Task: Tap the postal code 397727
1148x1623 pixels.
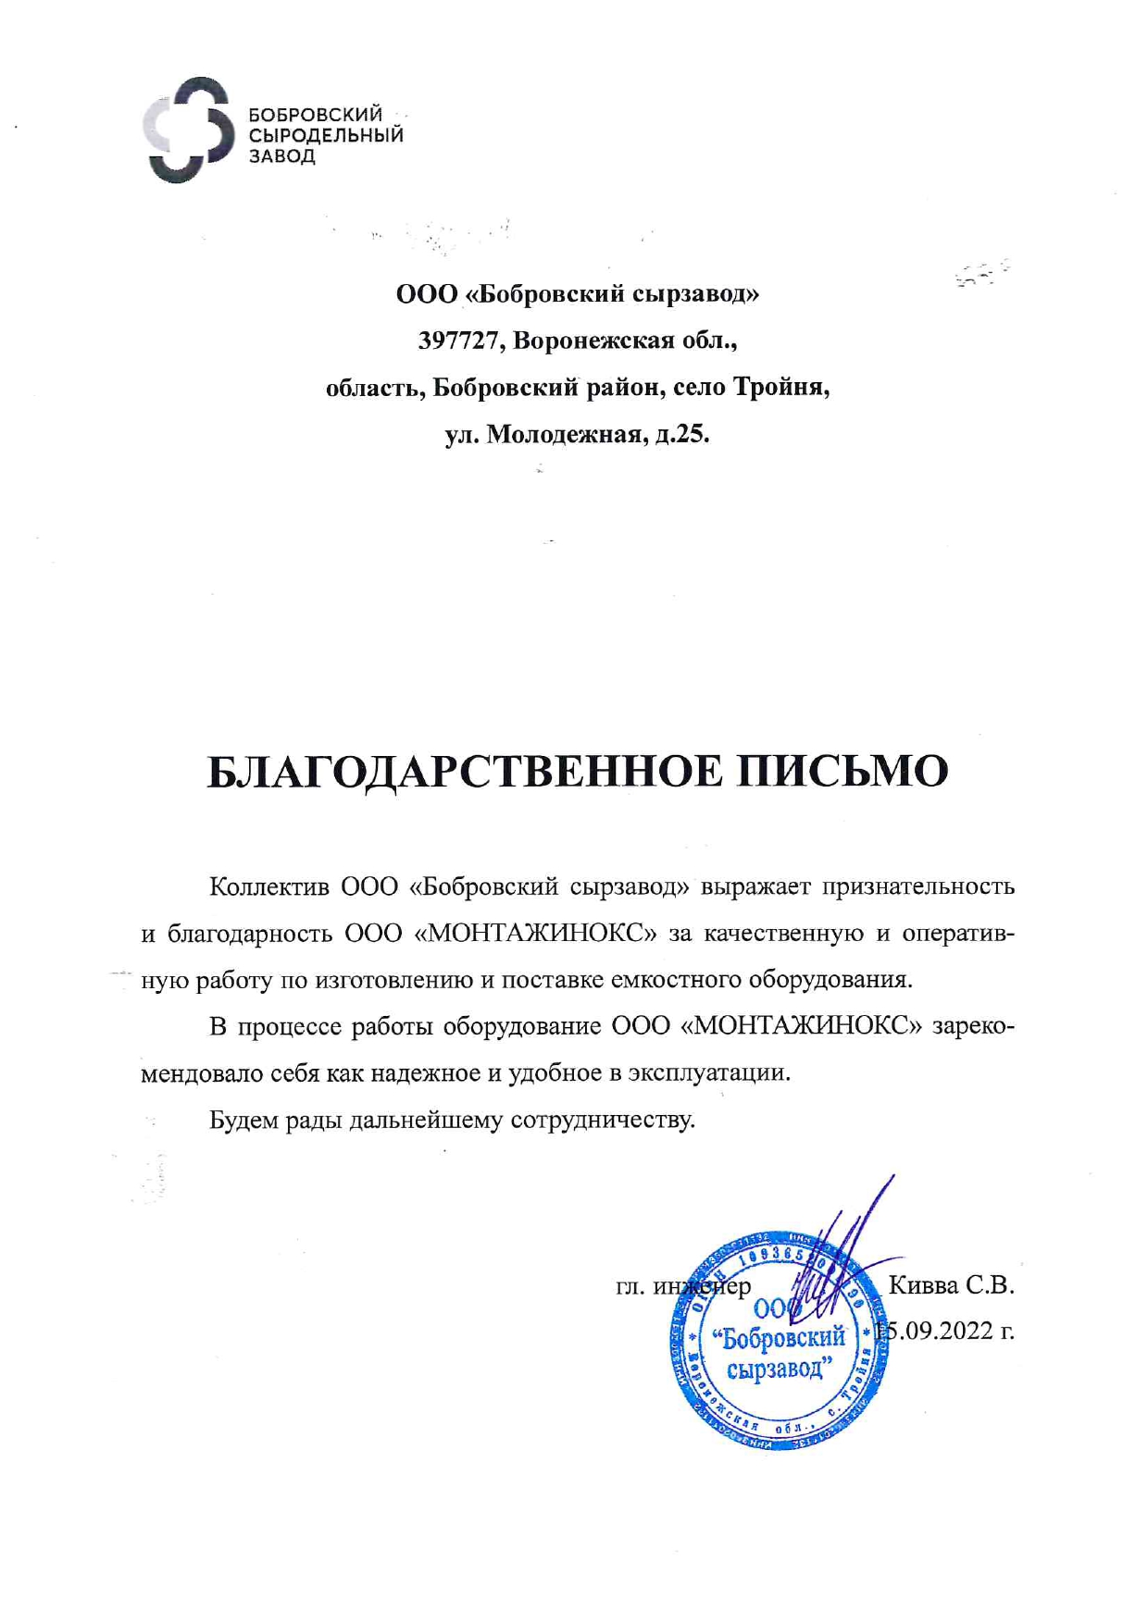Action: pos(459,341)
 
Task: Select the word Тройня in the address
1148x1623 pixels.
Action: pos(781,387)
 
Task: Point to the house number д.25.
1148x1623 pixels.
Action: pos(682,433)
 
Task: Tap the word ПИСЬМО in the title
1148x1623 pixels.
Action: pos(842,771)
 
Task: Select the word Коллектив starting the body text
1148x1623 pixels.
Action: pos(269,886)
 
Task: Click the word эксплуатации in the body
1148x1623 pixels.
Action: pos(710,1073)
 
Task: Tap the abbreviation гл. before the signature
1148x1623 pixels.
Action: pos(630,1286)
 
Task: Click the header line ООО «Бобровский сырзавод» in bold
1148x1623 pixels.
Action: pos(578,294)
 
